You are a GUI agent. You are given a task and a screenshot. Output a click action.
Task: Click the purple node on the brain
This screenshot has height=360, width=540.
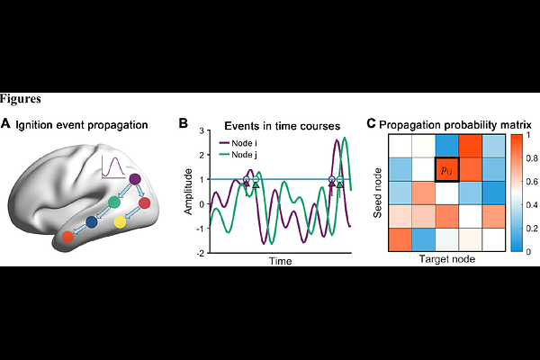tap(135, 179)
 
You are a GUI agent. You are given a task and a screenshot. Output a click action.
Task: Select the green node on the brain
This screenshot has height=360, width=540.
tap(114, 202)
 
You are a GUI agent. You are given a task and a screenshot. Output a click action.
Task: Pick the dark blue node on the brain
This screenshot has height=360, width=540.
tap(92, 222)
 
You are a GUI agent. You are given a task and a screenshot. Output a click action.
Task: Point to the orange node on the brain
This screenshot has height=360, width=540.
tap(67, 237)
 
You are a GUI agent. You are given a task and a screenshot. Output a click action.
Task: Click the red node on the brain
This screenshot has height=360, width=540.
tap(144, 203)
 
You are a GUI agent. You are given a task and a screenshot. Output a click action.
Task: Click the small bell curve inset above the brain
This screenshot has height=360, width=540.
tap(113, 167)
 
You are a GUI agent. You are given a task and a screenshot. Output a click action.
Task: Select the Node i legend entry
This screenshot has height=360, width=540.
tap(238, 143)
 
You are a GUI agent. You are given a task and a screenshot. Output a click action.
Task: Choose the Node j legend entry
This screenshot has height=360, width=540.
tap(238, 155)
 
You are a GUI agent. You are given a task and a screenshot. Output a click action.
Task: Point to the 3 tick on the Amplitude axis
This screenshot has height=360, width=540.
tap(202, 130)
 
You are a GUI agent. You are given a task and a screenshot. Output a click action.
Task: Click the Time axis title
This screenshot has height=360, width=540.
tap(280, 261)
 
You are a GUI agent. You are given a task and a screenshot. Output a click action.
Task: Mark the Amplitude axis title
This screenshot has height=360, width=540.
tap(188, 192)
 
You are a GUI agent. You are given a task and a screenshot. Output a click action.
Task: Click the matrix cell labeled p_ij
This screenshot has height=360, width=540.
tap(447, 169)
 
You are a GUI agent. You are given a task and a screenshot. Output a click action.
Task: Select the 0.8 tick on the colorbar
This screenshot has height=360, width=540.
tap(533, 158)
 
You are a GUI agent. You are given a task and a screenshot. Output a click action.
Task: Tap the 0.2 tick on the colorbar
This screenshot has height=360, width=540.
tap(533, 228)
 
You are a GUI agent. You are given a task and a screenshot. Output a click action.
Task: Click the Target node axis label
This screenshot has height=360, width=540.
tap(447, 259)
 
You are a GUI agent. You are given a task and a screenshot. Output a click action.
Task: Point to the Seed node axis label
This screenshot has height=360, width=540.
tap(378, 193)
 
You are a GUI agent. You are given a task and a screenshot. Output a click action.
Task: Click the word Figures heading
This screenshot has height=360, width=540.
tap(21, 99)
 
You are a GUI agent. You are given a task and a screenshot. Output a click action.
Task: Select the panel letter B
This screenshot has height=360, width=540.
tap(184, 123)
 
